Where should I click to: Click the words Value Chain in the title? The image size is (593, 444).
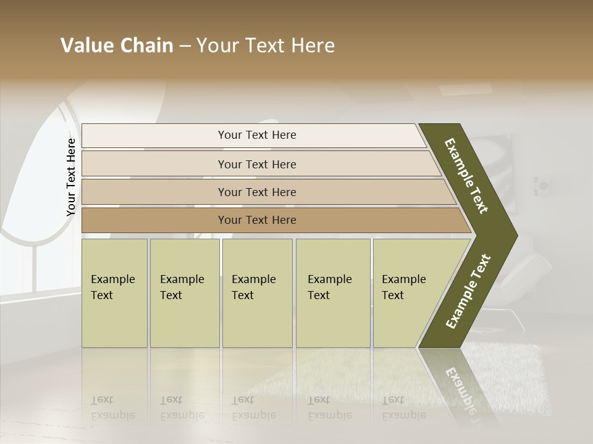(117, 46)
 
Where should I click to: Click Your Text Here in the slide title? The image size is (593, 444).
(266, 46)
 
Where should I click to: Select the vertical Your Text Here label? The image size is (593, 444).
(71, 177)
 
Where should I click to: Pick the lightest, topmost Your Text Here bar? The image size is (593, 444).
(256, 135)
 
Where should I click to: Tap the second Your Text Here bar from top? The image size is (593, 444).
(256, 164)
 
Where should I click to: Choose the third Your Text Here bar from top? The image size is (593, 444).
(256, 192)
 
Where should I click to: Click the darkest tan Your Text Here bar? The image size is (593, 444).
(256, 220)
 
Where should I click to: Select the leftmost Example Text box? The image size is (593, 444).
(114, 293)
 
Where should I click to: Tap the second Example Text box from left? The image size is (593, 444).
(184, 293)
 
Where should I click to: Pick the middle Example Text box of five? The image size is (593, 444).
(257, 293)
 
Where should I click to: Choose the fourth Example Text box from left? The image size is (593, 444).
(332, 293)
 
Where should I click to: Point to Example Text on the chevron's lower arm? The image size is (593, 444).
(468, 292)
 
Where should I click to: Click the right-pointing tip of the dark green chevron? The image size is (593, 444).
(513, 235)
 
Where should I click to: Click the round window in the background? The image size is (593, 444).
(37, 185)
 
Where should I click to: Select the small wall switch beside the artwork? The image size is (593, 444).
(544, 185)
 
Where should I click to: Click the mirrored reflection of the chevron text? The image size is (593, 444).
(463, 388)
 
